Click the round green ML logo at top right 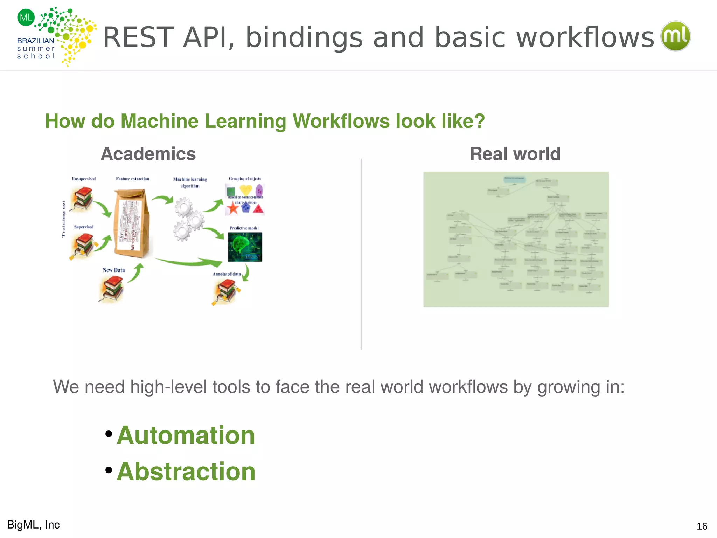(x=675, y=36)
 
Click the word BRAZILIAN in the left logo (x=35, y=41)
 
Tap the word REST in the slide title (x=138, y=37)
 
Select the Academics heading (x=148, y=154)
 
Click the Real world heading (x=515, y=154)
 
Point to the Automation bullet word (x=186, y=435)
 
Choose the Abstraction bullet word (x=186, y=471)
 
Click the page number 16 (x=702, y=526)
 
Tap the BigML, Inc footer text (x=34, y=525)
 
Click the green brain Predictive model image (x=245, y=247)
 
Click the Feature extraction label (x=132, y=179)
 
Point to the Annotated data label (x=227, y=274)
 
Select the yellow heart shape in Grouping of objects (x=245, y=190)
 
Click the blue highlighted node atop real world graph (x=514, y=179)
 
